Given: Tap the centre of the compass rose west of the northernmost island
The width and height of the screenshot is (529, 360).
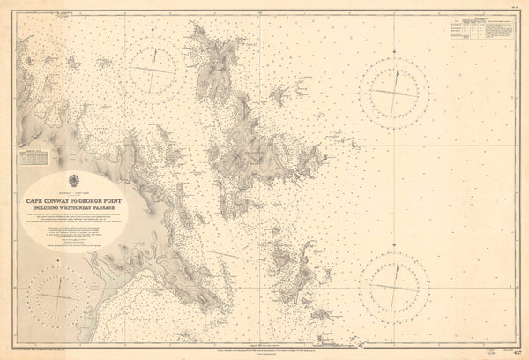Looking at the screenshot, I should [x=156, y=70].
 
